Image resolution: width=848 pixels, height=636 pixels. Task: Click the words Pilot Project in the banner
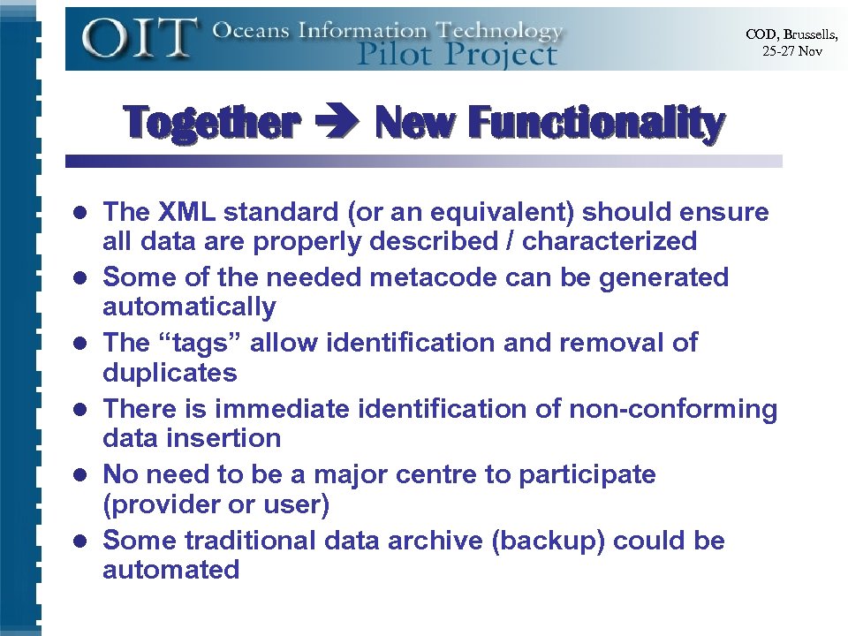tap(457, 55)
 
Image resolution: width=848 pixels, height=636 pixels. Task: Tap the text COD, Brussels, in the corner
tap(791, 34)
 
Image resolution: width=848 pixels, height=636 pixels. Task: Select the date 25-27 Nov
tap(791, 51)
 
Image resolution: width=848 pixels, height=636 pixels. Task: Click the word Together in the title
tap(211, 123)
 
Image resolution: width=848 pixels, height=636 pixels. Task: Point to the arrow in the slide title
tap(337, 124)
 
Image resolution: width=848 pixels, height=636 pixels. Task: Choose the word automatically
tap(189, 307)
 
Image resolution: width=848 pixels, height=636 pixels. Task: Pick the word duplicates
tap(170, 373)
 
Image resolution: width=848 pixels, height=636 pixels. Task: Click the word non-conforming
tap(672, 409)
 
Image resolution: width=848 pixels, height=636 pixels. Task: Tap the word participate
tap(587, 474)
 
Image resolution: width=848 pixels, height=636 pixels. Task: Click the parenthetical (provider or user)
tap(216, 504)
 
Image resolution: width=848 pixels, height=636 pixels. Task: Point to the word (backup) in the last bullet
tap(547, 540)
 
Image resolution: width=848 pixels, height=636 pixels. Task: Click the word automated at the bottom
tap(170, 570)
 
